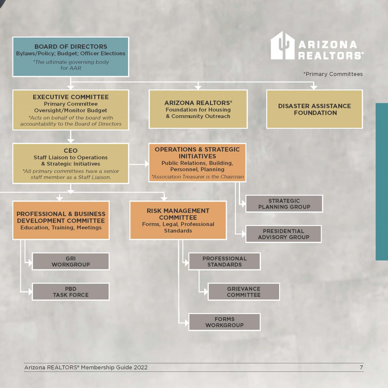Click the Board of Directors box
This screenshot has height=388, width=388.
[71, 57]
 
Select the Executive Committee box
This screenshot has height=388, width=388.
[71, 110]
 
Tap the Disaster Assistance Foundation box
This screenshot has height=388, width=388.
[314, 109]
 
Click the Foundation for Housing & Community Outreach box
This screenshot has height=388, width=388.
[198, 109]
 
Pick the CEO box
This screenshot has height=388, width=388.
[71, 163]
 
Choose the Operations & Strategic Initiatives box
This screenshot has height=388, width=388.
[197, 163]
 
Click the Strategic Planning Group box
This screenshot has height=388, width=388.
[284, 204]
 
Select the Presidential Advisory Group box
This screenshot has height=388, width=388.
[283, 234]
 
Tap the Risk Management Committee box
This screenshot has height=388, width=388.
[178, 220]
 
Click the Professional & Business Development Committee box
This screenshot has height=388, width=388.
[61, 220]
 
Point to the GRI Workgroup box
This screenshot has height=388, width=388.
[71, 261]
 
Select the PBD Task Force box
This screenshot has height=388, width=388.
[71, 292]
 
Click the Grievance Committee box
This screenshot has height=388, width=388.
[244, 292]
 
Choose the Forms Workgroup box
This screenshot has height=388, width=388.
[225, 322]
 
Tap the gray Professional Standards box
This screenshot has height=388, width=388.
[225, 261]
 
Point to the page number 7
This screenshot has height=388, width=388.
[361, 367]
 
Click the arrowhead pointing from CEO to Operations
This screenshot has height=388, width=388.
[147, 164]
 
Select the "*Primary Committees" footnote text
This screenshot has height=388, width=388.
[333, 74]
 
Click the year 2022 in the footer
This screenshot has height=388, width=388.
[141, 367]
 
